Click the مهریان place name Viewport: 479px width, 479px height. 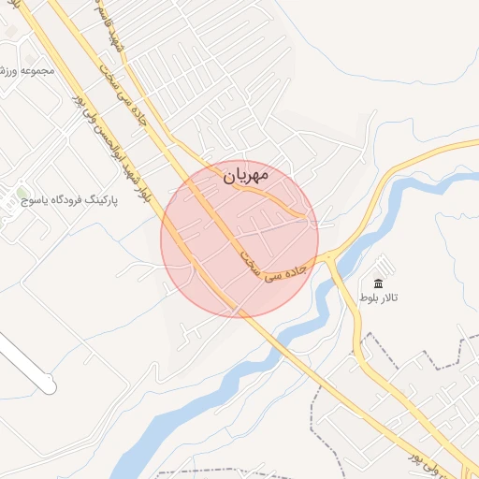pos(247,175)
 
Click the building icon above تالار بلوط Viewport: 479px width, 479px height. pos(379,283)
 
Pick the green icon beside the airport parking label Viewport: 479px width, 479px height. pos(22,196)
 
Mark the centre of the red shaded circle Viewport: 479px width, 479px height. pos(239,239)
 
